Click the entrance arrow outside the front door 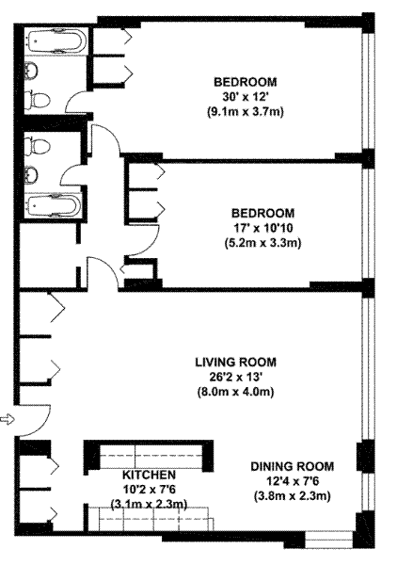click(8, 419)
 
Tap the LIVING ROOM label click(236, 362)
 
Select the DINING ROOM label click(293, 466)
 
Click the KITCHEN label click(149, 475)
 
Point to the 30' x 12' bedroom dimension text click(246, 97)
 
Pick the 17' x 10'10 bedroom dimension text click(262, 228)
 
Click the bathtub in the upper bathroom click(56, 40)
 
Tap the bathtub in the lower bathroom click(54, 206)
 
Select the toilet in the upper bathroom click(37, 100)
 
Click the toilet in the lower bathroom click(37, 146)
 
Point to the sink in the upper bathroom click(31, 71)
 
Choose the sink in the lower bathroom click(31, 175)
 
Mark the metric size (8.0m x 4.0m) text click(236, 392)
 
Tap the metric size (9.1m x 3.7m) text click(246, 112)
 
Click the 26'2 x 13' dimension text click(236, 377)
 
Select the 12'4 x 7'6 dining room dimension click(293, 481)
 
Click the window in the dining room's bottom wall click(329, 540)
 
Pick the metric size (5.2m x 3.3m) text click(262, 243)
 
